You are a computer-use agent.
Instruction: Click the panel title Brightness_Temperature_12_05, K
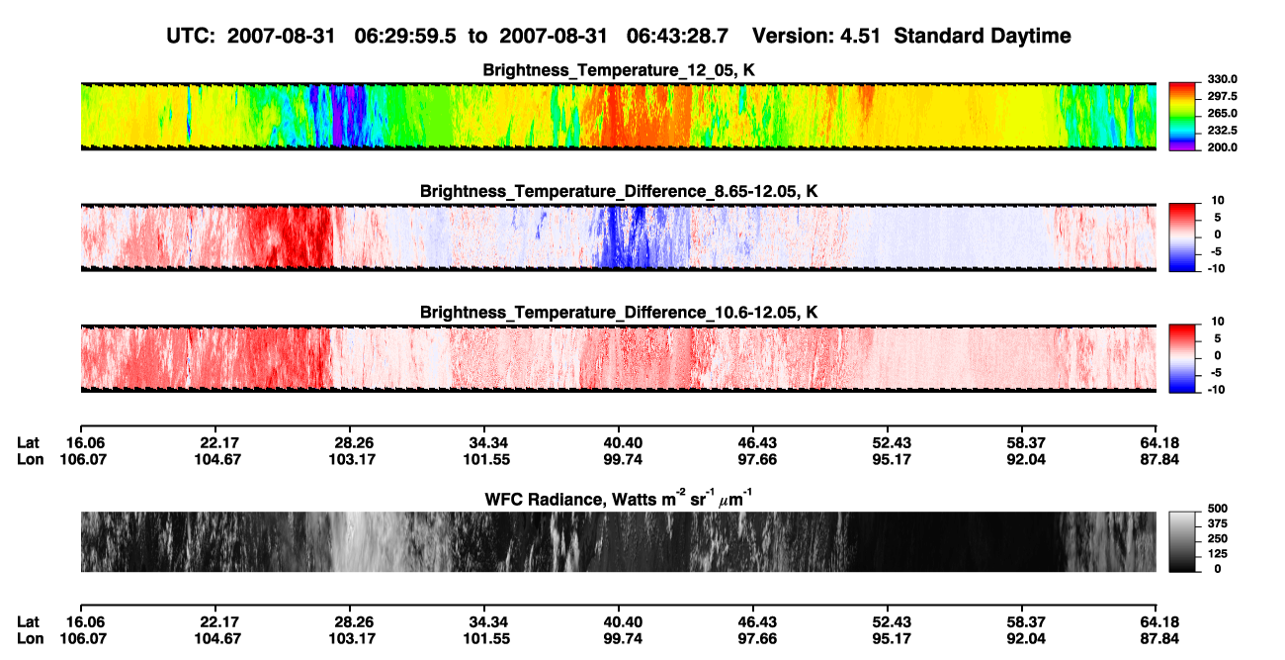tap(619, 70)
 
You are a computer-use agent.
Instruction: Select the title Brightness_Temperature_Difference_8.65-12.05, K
tap(619, 191)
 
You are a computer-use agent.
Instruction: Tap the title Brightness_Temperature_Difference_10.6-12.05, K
tap(619, 313)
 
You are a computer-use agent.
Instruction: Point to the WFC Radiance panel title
tap(619, 498)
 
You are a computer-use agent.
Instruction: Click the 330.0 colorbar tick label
tap(1222, 79)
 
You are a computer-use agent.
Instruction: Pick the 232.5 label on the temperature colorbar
tap(1222, 131)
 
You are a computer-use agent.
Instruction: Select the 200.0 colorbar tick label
tap(1222, 147)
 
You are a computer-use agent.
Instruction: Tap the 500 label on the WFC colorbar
tap(1218, 509)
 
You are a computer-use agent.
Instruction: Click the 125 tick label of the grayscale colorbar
tap(1218, 554)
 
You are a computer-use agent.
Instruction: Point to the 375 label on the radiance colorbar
tap(1218, 523)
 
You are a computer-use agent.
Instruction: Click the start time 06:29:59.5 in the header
tap(405, 37)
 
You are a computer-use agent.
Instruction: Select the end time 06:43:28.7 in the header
tap(677, 37)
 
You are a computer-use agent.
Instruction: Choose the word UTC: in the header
tap(191, 37)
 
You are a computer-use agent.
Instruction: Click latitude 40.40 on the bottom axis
tap(623, 622)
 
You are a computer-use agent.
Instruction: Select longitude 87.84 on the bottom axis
tap(1159, 639)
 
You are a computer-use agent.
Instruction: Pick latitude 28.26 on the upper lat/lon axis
tap(354, 443)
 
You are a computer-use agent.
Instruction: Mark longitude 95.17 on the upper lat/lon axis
tap(892, 459)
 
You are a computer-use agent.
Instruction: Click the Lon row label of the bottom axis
tap(30, 639)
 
